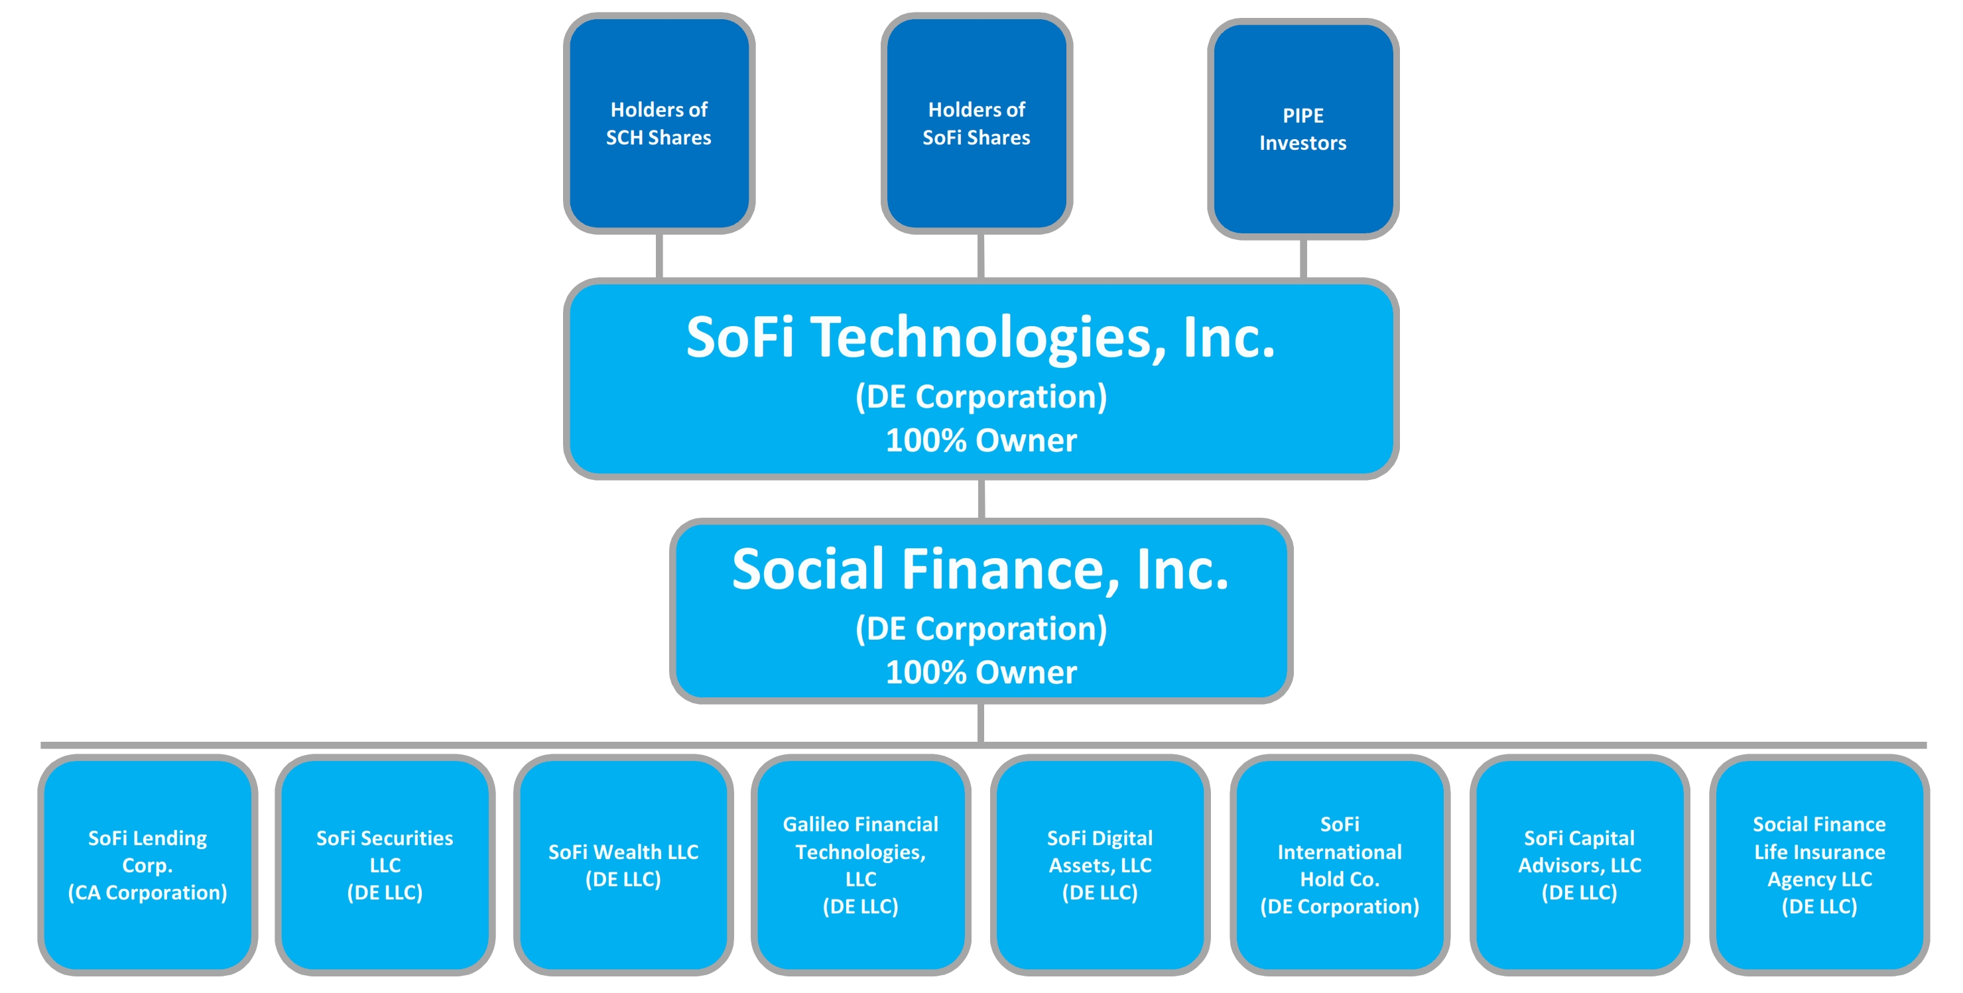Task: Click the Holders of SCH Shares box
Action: [x=659, y=123]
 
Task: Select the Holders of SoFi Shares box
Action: [x=976, y=123]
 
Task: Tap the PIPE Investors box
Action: [x=1302, y=129]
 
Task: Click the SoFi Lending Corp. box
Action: [x=148, y=864]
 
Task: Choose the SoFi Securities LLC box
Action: [x=385, y=864]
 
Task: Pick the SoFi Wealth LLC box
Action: [x=623, y=864]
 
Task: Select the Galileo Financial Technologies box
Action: [x=860, y=864]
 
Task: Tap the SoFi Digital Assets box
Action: [x=1100, y=864]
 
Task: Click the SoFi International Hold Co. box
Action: [x=1339, y=864]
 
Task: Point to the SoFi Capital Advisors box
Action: [x=1579, y=864]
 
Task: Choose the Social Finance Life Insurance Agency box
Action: [x=1819, y=864]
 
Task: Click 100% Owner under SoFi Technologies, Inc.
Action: [x=981, y=441]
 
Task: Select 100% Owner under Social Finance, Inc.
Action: [x=981, y=672]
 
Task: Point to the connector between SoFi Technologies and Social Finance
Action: [x=981, y=498]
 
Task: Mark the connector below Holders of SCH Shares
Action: [x=659, y=255]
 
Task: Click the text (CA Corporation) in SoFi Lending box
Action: [x=148, y=892]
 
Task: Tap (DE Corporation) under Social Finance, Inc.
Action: [x=981, y=629]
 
